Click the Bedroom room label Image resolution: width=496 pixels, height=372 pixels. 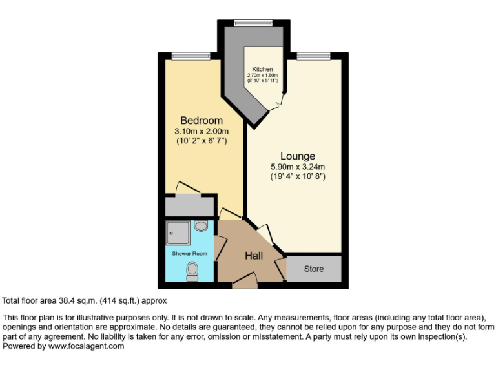(201, 121)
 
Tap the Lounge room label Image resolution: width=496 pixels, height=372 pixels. (298, 156)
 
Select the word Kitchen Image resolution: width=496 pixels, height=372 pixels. (262, 69)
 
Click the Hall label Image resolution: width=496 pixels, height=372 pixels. (254, 256)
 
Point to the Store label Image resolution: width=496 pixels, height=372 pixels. (313, 269)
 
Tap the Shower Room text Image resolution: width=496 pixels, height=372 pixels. (189, 254)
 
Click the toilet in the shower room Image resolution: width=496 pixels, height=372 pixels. (192, 271)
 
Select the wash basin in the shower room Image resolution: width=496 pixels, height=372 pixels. (201, 227)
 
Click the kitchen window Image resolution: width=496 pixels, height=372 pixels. (253, 24)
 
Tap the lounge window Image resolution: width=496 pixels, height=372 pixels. (314, 56)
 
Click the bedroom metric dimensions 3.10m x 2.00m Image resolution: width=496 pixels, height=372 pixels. (201, 131)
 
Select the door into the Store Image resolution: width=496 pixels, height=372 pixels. (280, 267)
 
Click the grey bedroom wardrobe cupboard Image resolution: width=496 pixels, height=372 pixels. (189, 207)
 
